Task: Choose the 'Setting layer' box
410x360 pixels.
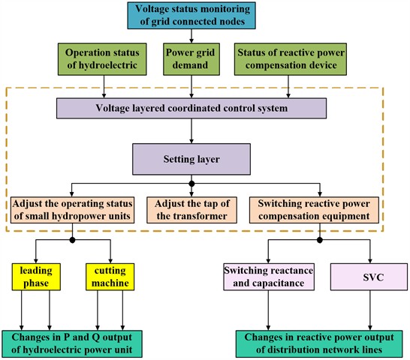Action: coord(192,159)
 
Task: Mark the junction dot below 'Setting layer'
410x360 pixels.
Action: coord(192,183)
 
